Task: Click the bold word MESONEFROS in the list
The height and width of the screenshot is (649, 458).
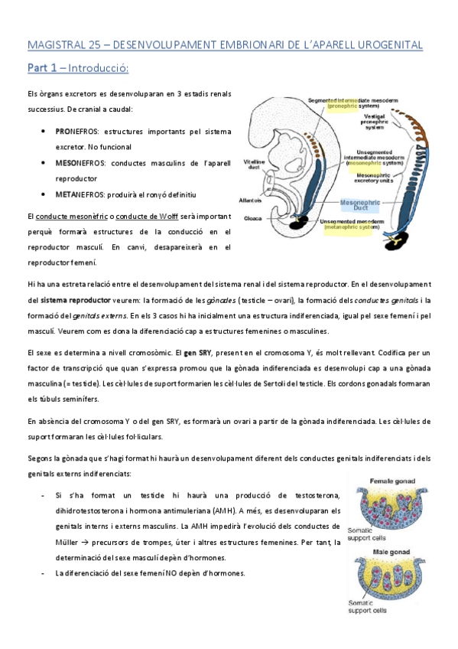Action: point(76,163)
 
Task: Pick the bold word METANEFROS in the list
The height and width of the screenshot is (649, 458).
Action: point(76,195)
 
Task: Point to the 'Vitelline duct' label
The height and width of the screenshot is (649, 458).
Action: point(254,165)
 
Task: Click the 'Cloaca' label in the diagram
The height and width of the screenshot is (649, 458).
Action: point(253,218)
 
